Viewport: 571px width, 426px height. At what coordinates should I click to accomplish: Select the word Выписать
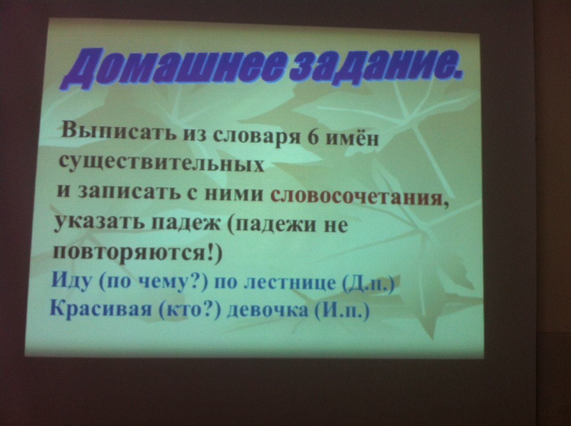[118, 133]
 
